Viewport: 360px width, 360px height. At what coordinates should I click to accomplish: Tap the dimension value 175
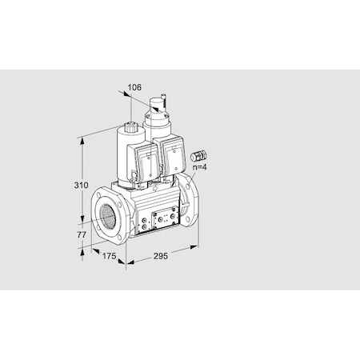[110, 255]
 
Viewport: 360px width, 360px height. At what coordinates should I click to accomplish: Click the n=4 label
[200, 168]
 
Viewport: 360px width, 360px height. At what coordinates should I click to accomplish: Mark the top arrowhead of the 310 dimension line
[83, 138]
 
